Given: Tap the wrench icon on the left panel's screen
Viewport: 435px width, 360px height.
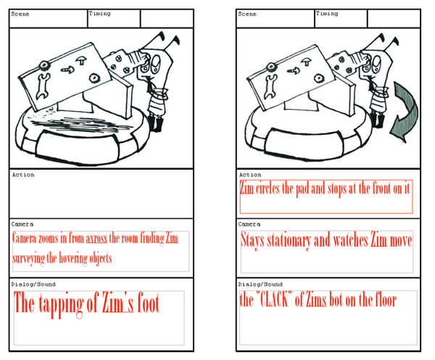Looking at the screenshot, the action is (43, 86).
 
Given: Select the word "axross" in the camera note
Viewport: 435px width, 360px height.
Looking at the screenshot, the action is (96, 238).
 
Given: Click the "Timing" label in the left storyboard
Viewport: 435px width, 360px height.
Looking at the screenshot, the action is (99, 13).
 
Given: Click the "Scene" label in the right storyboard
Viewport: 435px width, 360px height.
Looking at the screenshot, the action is (247, 14).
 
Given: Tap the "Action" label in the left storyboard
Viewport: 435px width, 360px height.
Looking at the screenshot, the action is (23, 175).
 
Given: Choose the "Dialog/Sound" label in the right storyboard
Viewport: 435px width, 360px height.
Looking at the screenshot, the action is (260, 285).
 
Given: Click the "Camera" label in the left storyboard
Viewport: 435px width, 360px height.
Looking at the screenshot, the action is (22, 224).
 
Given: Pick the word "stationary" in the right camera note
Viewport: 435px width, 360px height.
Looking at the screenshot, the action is (289, 240).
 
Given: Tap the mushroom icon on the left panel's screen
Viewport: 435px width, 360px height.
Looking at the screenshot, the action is (81, 60).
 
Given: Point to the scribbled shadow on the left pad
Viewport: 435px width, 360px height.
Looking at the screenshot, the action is (80, 123).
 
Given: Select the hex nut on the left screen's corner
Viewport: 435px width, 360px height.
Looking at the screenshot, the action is (43, 65).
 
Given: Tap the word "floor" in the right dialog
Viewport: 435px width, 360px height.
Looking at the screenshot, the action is (386, 300).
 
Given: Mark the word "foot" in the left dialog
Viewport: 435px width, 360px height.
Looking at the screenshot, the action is (149, 302).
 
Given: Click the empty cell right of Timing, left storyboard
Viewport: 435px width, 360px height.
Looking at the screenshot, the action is (167, 19).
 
